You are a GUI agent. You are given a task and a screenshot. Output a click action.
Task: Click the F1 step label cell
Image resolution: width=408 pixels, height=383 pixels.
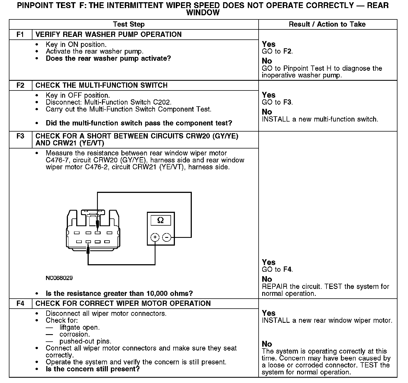21,34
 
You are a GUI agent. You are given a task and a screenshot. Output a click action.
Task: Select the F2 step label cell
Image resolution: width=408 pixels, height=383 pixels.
21,85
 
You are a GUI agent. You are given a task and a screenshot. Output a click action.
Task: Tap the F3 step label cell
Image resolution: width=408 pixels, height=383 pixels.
21,136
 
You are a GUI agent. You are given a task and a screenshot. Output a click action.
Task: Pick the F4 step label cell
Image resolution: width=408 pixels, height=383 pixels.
21,303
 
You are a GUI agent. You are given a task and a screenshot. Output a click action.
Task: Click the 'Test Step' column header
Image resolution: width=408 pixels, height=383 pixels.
129,24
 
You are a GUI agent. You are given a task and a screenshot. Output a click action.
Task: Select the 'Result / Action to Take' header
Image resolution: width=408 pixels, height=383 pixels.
327,24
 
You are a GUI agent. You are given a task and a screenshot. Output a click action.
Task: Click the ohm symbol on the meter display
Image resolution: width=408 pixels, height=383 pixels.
160,220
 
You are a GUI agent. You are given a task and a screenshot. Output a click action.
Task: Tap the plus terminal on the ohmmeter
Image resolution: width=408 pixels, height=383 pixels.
155,237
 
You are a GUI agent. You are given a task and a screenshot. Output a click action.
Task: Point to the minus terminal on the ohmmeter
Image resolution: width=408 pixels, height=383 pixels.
166,237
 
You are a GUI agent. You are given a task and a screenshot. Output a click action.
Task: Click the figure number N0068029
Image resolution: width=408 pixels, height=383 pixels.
59,278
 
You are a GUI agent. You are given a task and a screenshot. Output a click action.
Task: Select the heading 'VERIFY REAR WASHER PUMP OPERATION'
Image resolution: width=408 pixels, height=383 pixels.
109,34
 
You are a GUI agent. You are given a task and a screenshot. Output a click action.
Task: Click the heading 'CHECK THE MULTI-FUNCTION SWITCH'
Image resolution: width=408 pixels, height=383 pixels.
101,85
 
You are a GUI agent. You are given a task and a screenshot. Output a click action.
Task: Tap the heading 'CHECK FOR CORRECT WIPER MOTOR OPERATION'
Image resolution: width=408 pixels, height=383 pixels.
123,303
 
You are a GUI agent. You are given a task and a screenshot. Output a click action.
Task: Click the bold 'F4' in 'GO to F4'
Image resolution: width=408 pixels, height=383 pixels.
287,269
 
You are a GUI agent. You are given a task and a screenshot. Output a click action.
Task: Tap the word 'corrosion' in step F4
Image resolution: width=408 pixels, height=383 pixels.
74,334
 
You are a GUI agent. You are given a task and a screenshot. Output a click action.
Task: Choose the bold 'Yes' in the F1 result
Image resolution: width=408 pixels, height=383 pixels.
269,44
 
